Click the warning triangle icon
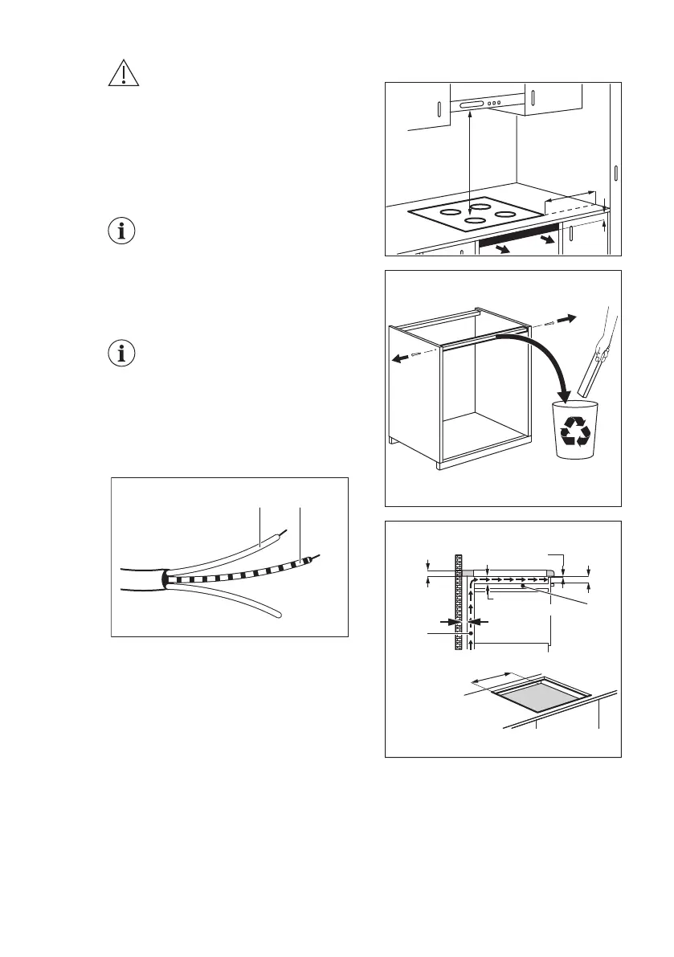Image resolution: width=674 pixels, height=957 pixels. click(122, 73)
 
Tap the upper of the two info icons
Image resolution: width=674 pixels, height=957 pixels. click(122, 231)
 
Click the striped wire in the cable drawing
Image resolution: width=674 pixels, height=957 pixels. click(241, 571)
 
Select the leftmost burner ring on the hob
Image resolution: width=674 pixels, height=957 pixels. click(451, 212)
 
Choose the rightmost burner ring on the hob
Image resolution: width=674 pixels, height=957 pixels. click(505, 214)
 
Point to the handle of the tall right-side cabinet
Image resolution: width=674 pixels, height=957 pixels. click(615, 174)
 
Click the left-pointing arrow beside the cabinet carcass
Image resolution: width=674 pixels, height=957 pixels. click(398, 361)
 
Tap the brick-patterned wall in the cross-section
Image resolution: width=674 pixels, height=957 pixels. click(460, 603)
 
